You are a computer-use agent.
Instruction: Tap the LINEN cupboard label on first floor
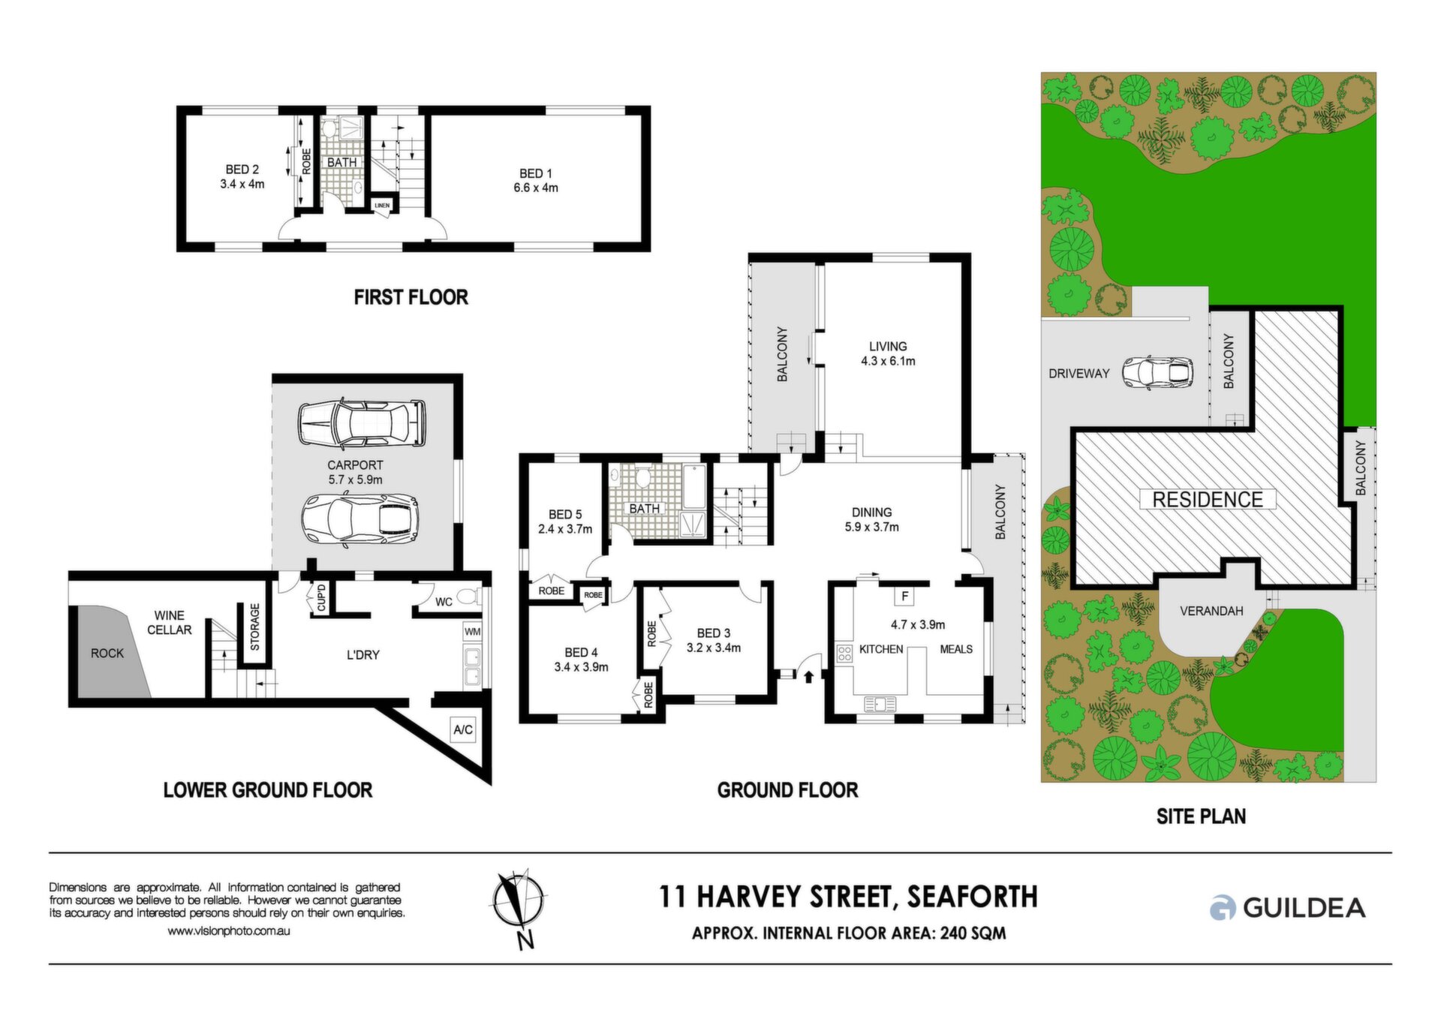(382, 205)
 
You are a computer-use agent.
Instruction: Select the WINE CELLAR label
(169, 623)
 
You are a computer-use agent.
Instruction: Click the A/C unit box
(463, 729)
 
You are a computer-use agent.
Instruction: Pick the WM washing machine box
(472, 632)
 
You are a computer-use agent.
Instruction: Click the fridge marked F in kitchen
(905, 597)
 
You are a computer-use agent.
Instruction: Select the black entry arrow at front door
(808, 677)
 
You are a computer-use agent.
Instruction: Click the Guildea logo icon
(1222, 908)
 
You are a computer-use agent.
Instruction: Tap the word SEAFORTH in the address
(972, 897)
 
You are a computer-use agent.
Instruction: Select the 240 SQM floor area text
(973, 933)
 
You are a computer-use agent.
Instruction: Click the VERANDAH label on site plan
(1211, 611)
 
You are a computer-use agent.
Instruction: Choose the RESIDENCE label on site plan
(1207, 499)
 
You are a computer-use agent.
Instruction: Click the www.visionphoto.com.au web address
(228, 931)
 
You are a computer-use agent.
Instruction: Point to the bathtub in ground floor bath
(695, 486)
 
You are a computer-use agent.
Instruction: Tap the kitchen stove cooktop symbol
(844, 653)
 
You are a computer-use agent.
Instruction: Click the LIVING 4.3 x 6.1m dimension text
(888, 361)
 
